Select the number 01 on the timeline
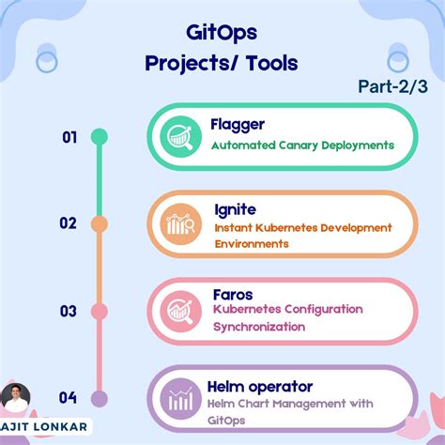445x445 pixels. (x=69, y=137)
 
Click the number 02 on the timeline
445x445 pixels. (x=68, y=223)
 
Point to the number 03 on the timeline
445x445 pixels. (x=69, y=311)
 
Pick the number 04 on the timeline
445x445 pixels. (x=68, y=397)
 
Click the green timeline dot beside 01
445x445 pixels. (x=99, y=137)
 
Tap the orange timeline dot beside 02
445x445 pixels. (x=99, y=223)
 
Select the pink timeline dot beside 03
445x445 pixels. (x=99, y=311)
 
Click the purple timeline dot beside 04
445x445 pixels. (x=99, y=398)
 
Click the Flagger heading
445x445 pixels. (x=238, y=123)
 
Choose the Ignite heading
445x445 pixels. (x=233, y=208)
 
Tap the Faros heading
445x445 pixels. (x=232, y=294)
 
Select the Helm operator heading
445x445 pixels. (x=262, y=386)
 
